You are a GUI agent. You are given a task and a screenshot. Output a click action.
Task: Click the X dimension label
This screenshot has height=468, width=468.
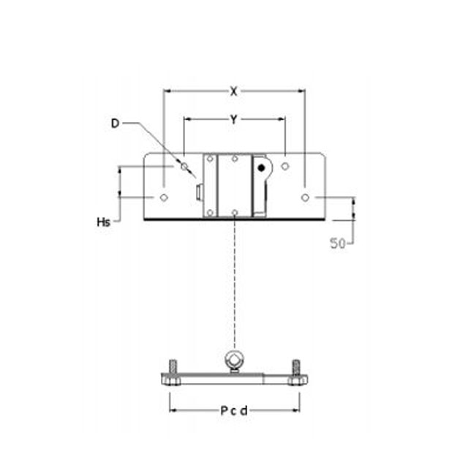233,91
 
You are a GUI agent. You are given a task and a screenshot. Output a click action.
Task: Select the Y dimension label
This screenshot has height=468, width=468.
233,118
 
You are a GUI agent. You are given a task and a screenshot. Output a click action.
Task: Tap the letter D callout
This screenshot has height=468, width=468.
115,124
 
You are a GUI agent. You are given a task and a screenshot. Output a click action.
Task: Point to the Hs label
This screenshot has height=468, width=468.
103,222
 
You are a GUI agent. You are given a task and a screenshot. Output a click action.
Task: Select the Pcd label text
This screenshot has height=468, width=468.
234,410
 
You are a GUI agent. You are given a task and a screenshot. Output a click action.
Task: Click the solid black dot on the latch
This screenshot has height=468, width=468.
260,167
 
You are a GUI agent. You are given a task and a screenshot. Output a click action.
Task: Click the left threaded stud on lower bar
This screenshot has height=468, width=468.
173,366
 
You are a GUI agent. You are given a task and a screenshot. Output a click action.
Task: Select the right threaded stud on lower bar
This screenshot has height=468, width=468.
295,366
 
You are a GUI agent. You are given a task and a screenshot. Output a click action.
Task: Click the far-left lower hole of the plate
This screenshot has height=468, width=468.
164,197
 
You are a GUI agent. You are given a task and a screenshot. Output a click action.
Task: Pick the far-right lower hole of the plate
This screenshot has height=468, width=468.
304,197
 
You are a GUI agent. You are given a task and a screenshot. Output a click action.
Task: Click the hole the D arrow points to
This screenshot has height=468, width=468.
184,167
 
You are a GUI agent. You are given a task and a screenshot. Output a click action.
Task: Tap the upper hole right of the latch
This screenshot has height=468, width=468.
285,167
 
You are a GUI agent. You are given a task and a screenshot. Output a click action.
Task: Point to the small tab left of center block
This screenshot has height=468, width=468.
199,192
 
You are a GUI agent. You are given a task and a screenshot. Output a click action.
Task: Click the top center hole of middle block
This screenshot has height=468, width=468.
234,159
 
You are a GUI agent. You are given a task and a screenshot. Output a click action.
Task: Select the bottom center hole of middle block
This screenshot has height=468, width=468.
234,213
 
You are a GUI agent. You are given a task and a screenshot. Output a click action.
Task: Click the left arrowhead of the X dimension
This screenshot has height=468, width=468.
166,91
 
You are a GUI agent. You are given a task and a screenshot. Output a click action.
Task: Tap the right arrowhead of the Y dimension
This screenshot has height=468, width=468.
282,118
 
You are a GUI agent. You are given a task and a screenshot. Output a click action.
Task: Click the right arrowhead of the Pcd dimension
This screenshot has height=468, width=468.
297,410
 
